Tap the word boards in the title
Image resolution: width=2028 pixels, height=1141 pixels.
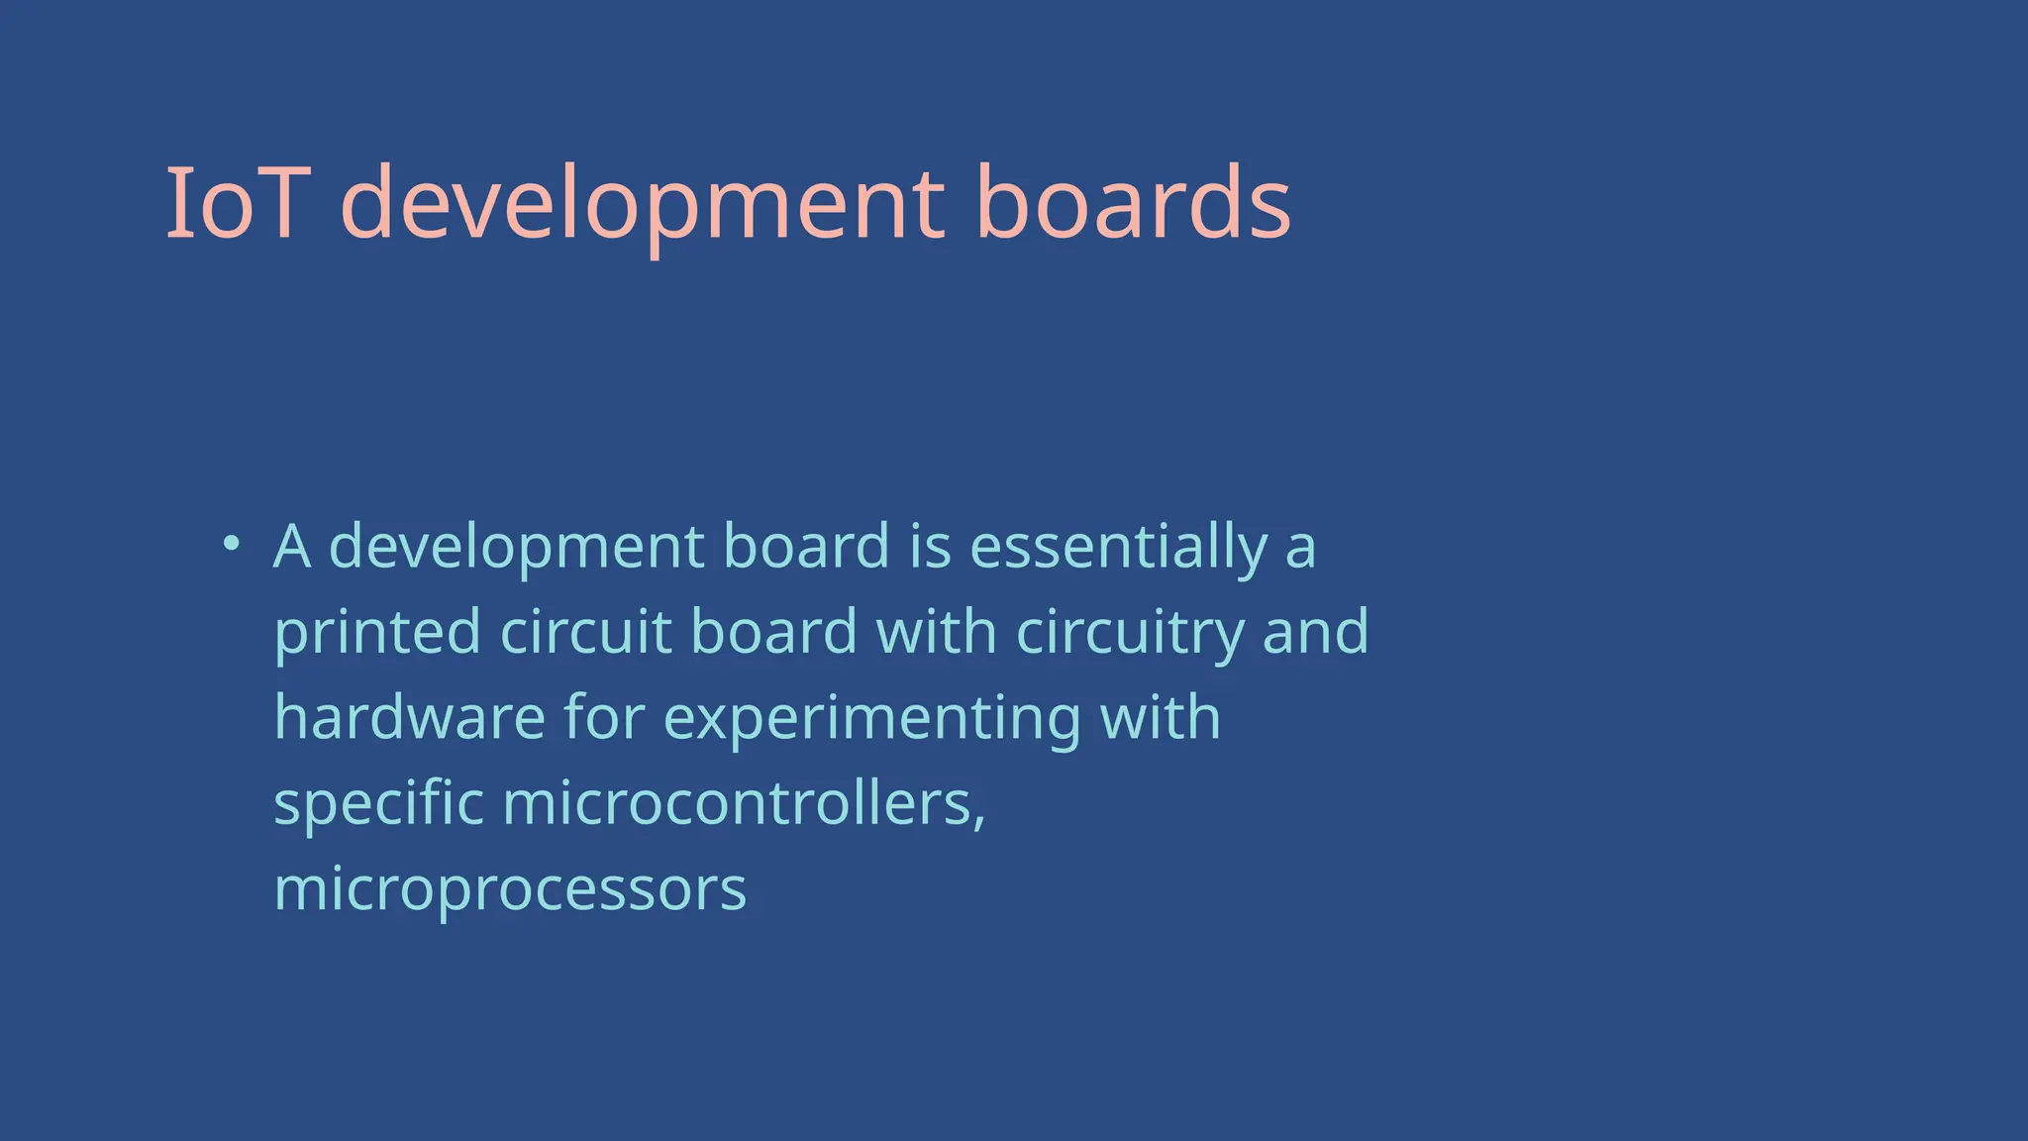tap(1133, 203)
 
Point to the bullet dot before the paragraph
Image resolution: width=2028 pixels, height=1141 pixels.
tap(231, 543)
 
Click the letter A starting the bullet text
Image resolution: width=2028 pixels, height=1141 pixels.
tap(292, 546)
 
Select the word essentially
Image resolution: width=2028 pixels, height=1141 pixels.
tap(1118, 548)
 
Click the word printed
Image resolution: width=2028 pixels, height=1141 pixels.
tap(377, 633)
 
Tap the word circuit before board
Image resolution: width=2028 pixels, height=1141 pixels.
tap(586, 631)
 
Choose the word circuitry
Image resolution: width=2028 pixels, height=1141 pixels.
tap(1130, 633)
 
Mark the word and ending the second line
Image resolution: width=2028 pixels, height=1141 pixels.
tap(1315, 631)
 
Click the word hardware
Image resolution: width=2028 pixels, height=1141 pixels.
tap(409, 717)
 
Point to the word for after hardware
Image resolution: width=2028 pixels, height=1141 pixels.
tap(604, 717)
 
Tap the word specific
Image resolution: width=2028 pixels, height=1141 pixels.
tap(378, 804)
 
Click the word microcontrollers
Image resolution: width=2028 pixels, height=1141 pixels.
tap(744, 803)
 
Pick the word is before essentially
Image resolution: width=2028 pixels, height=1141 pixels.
tap(930, 546)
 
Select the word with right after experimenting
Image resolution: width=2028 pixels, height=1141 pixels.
tap(1161, 717)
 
